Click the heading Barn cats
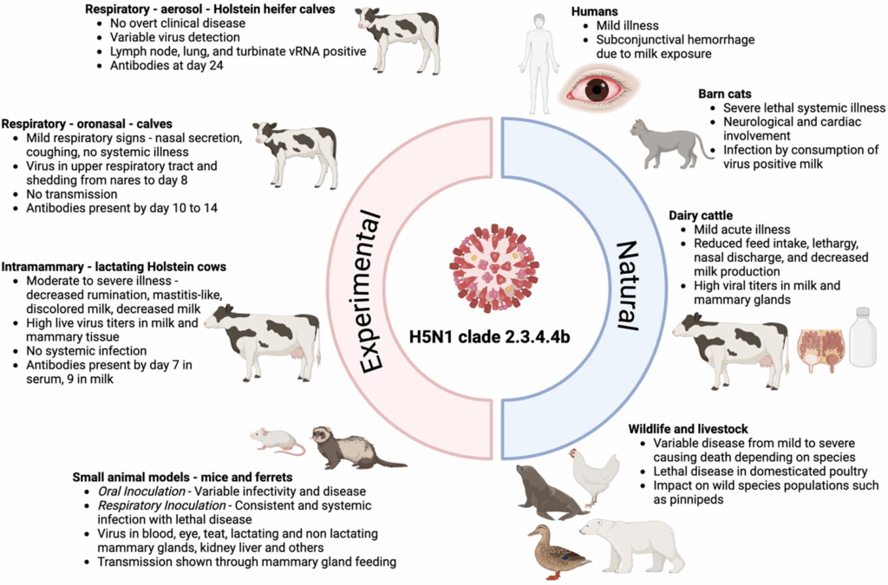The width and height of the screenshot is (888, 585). (x=730, y=93)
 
